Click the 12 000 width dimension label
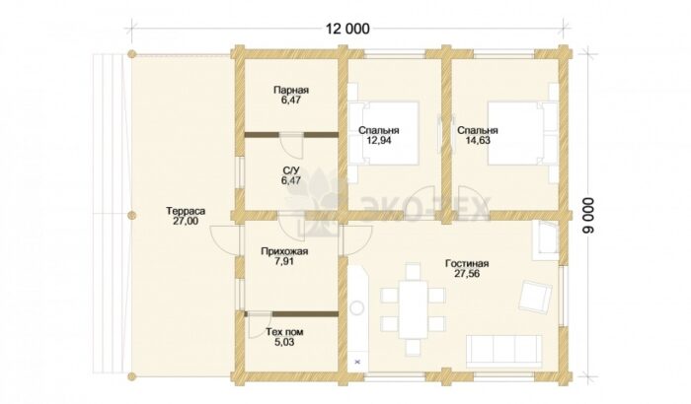coord(347,29)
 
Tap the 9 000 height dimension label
coord(590,215)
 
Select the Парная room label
coord(291,91)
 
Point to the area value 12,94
coord(378,141)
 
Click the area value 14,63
coord(478,141)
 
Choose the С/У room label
coord(291,170)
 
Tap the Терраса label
coord(186,211)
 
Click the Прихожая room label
coord(284,251)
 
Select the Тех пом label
coord(284,332)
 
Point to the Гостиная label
coord(467,264)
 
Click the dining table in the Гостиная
coord(413,309)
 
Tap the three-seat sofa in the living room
coord(504,351)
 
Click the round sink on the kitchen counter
coord(357,307)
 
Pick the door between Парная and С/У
coord(292,144)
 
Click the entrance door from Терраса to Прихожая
coord(225,238)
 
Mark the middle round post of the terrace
coord(131,215)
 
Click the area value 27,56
coord(467,274)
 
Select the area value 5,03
coord(284,342)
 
